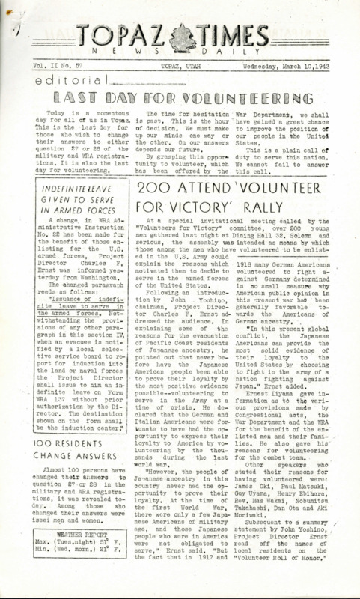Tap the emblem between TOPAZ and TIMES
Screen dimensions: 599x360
(179, 34)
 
